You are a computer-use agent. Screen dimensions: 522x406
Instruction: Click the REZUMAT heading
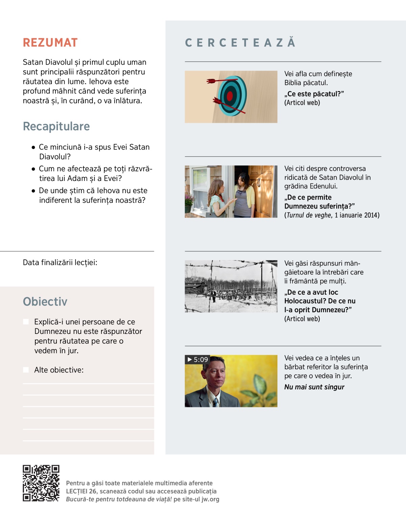[x=50, y=43]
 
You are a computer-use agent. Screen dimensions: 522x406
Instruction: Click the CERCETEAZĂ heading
[x=240, y=43]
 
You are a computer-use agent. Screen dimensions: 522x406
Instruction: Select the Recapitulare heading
[x=56, y=126]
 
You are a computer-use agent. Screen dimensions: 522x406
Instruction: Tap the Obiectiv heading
[x=45, y=301]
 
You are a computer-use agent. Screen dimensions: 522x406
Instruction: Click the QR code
[x=41, y=483]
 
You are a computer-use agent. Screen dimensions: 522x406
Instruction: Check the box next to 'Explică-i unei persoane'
[x=26, y=322]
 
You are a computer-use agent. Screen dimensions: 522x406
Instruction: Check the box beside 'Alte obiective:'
[x=26, y=370]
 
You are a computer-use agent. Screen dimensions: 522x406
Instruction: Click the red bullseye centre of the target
[x=230, y=96]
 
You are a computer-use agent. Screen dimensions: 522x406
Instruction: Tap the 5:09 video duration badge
[x=198, y=359]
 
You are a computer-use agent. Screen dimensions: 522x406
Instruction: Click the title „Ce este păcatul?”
[x=314, y=94]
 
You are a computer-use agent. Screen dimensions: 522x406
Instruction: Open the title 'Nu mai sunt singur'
[x=314, y=387]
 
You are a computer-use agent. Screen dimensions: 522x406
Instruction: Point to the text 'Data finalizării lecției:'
[x=60, y=263]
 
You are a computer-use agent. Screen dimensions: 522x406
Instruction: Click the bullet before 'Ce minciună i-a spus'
[x=33, y=147]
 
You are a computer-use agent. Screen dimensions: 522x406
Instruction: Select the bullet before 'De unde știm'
[x=33, y=191]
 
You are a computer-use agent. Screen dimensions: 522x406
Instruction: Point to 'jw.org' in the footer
[x=210, y=499]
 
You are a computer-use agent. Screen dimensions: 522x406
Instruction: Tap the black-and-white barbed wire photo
[x=231, y=286]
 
